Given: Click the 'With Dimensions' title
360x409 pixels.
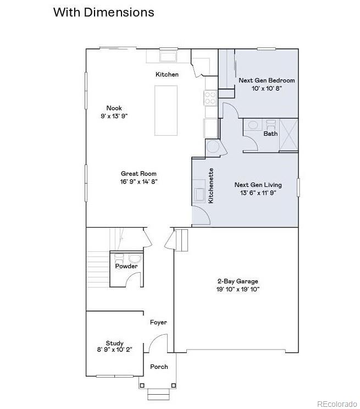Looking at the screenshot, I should [x=103, y=12].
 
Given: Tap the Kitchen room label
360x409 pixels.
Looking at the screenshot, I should [x=167, y=74].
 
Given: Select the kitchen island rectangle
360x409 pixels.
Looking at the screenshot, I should [x=165, y=110].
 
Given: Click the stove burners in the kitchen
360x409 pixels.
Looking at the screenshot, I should [x=211, y=98].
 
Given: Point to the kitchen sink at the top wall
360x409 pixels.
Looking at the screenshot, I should [x=168, y=56].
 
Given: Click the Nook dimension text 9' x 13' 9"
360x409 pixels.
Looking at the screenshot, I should [x=114, y=116].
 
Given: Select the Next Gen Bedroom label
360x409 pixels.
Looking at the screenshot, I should [x=267, y=80].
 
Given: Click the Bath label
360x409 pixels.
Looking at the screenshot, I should [x=270, y=134].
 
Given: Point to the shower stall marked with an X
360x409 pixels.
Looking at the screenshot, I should [x=289, y=134].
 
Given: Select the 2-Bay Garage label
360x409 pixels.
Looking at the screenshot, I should [x=236, y=281].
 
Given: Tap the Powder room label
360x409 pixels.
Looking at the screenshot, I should [x=126, y=267].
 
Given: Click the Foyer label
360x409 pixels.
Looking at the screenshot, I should [x=158, y=323].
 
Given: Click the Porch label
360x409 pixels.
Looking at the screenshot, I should [x=159, y=367].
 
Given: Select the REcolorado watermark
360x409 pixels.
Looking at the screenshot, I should [x=336, y=405].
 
